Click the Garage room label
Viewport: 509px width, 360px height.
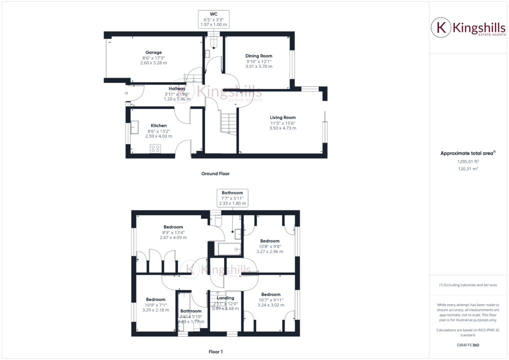153,52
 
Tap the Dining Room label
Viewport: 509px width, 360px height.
258,56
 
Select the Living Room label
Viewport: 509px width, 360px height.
282,117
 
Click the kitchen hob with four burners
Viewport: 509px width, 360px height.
155,148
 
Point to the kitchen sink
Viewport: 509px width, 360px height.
135,127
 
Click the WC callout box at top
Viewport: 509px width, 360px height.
213,19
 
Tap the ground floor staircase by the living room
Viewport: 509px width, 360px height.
228,123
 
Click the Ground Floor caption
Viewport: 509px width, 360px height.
215,174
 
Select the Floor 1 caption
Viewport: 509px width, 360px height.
215,352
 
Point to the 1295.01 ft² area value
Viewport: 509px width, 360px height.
468,161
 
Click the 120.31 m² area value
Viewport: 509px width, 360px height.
468,169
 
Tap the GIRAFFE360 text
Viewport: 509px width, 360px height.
468,345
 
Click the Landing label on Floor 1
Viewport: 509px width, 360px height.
225,298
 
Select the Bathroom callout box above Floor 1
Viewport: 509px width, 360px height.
232,197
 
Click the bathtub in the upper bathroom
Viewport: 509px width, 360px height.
228,248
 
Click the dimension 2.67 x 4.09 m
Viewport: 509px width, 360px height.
170,237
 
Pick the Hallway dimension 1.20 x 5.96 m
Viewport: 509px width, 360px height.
177,99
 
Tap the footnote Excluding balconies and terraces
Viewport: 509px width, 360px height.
468,285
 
